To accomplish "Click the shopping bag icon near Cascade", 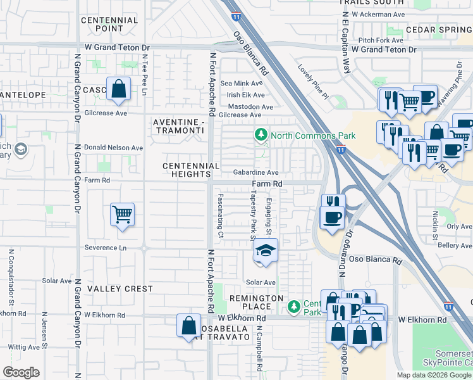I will tap(119, 89).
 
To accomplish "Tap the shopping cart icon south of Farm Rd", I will tap(122, 214).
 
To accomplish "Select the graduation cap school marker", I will tap(266, 251).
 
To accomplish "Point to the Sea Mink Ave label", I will tap(240, 83).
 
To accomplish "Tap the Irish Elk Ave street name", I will tap(245, 94).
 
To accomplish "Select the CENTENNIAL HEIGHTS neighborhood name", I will tap(191, 170).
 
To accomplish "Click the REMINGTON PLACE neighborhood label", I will tap(257, 303).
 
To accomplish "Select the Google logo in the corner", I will tap(21, 372).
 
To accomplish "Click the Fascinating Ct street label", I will tap(220, 215).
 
